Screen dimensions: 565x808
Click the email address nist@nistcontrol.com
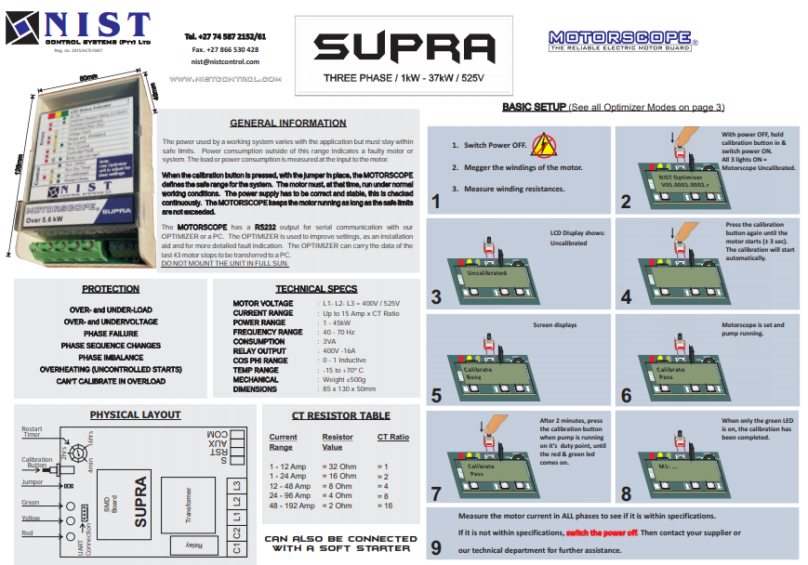point(225,61)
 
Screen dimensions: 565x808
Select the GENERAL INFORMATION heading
point(287,123)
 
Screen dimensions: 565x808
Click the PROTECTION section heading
point(111,289)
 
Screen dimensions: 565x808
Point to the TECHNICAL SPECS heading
point(316,289)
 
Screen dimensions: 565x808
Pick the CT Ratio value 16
point(387,506)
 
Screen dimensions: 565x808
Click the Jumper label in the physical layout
point(32,482)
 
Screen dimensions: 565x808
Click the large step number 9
point(436,547)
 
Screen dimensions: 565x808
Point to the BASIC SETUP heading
point(533,108)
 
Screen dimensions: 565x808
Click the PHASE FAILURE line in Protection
point(111,332)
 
